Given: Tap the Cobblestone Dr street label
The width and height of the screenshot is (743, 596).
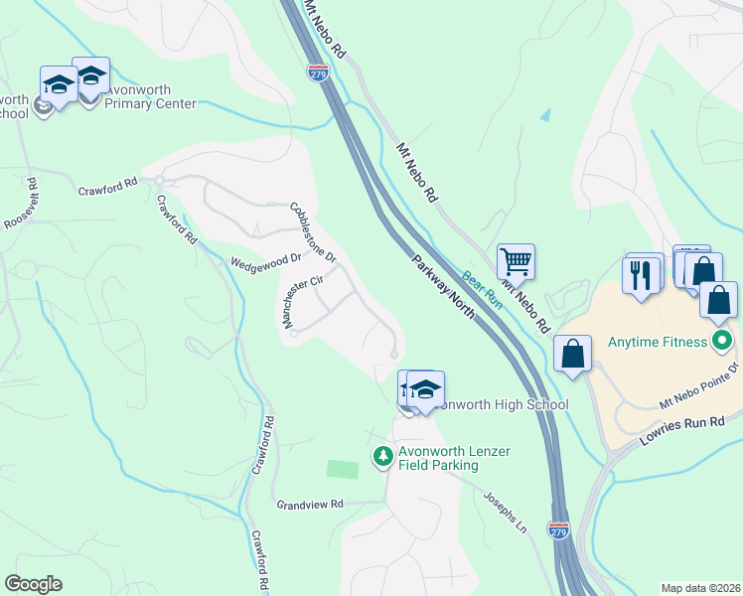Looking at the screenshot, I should [x=313, y=232].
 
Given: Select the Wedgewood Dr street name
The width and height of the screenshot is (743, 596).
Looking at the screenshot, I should [x=265, y=261].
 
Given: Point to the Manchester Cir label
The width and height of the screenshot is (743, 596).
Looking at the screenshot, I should [x=303, y=302].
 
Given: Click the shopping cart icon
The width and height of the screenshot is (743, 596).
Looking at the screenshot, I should [x=516, y=263].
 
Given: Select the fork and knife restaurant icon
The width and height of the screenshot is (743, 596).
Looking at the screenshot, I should [x=642, y=273].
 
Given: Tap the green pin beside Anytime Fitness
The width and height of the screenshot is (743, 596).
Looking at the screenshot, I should [x=722, y=342].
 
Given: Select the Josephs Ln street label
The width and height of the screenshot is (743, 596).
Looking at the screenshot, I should [x=504, y=509].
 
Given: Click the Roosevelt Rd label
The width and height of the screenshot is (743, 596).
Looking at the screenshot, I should [x=19, y=205].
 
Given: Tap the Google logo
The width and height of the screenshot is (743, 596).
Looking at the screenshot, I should [x=33, y=584].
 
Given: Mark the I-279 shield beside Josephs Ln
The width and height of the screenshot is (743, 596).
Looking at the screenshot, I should [x=558, y=531].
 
